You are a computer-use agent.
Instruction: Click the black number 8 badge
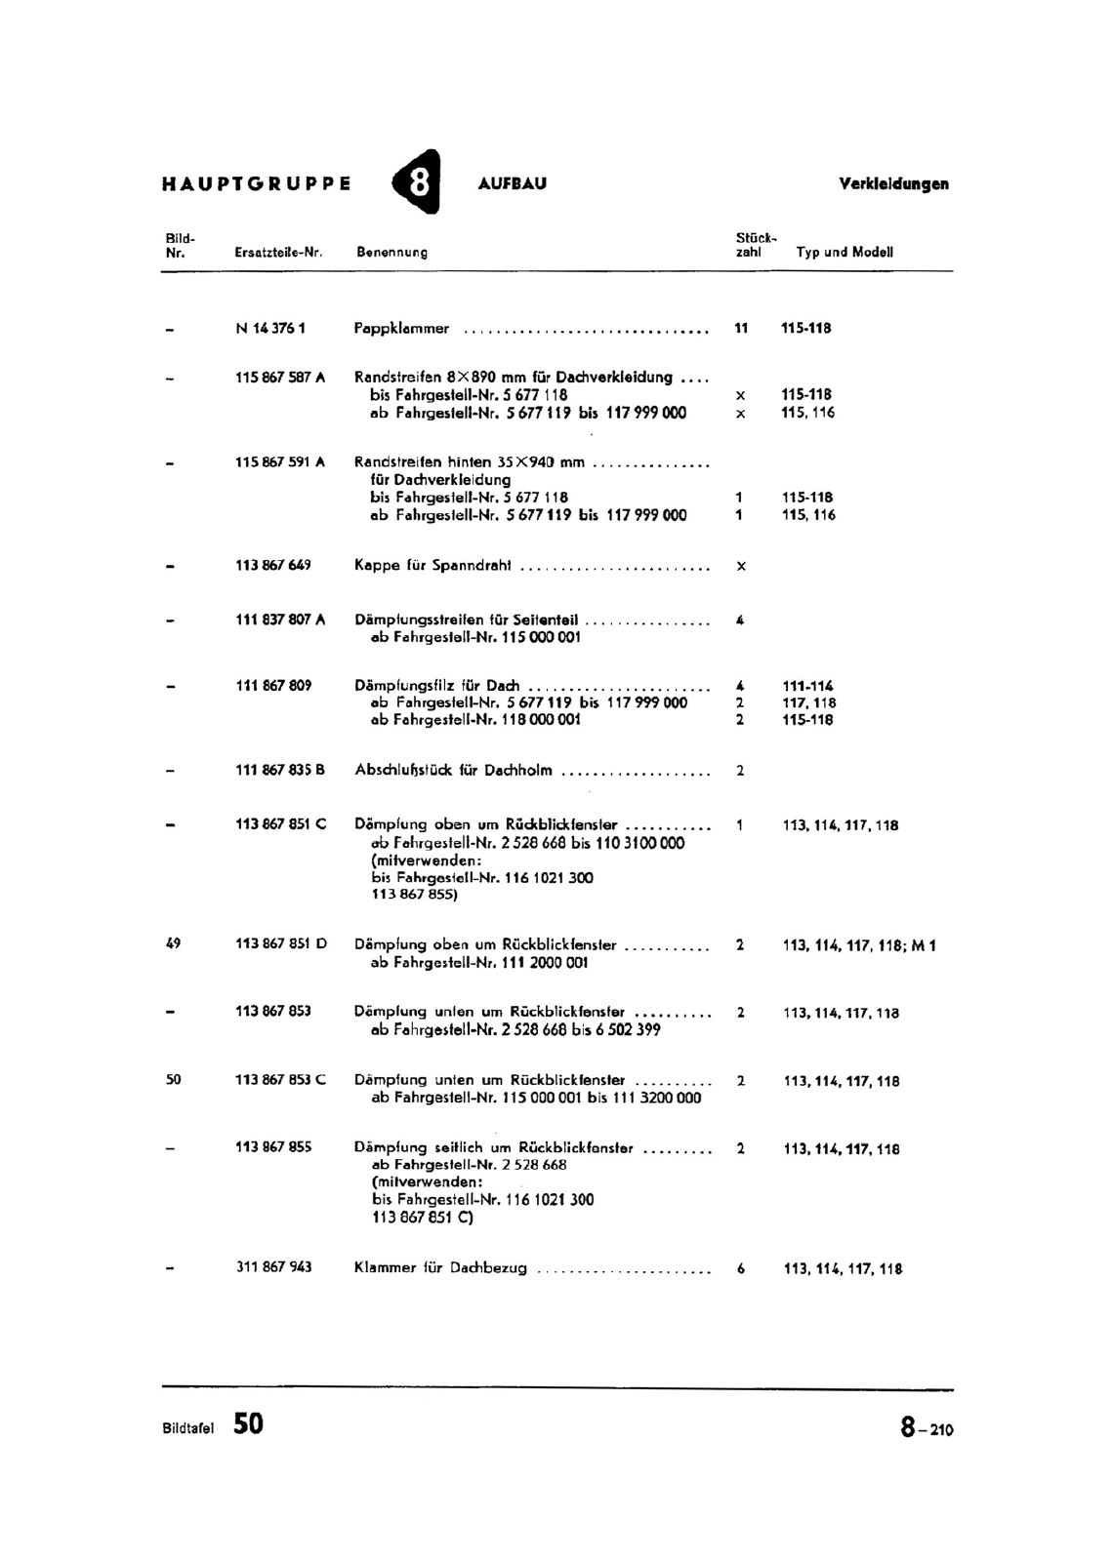[x=417, y=182]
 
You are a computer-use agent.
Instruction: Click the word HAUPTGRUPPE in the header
[x=257, y=183]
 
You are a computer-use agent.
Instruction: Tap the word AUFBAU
[x=513, y=183]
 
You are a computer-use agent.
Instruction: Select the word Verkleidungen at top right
[x=893, y=183]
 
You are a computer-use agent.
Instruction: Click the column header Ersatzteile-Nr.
[x=278, y=252]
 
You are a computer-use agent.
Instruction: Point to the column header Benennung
[x=392, y=252]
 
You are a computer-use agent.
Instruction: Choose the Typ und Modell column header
[x=844, y=252]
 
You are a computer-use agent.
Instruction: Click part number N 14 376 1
[x=270, y=329]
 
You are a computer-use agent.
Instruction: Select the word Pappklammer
[x=402, y=329]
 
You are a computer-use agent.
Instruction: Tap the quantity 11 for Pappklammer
[x=741, y=329]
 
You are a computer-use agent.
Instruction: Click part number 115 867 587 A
[x=280, y=378]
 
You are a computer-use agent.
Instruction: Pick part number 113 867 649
[x=273, y=565]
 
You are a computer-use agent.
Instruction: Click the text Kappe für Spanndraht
[x=432, y=566]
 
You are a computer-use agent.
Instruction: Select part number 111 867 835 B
[x=280, y=770]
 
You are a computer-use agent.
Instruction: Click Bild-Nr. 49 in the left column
[x=174, y=943]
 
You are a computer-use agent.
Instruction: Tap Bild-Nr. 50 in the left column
[x=174, y=1079]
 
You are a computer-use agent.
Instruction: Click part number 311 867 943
[x=273, y=1266]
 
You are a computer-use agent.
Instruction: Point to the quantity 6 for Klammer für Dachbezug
[x=741, y=1268]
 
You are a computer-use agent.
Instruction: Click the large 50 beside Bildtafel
[x=248, y=1423]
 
